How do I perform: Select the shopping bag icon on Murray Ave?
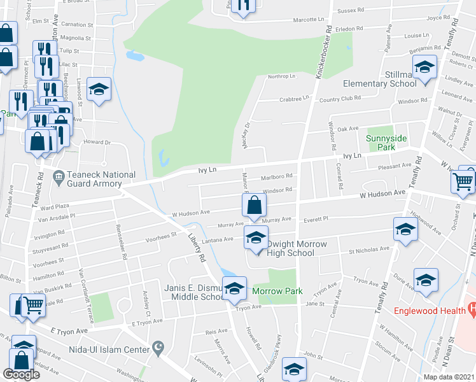[254, 206]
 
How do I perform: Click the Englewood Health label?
[430, 311]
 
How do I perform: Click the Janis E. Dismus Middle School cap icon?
[234, 289]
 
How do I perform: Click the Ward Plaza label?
[54, 206]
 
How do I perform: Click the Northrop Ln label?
[282, 76]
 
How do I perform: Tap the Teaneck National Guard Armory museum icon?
[59, 175]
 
